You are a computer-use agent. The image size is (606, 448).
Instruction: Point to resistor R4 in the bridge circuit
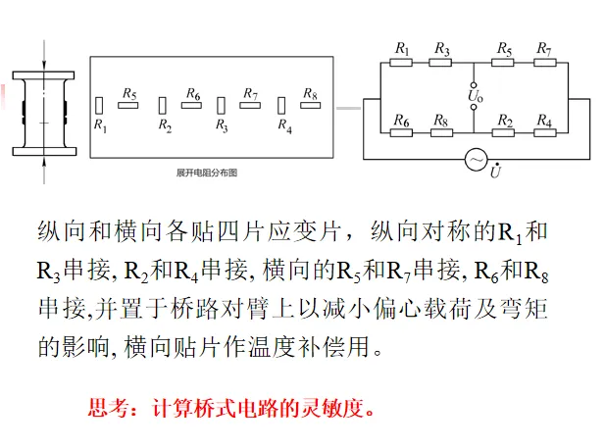544,133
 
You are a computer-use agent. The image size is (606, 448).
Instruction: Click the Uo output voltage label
475,98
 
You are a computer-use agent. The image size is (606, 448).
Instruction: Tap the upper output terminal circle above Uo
475,82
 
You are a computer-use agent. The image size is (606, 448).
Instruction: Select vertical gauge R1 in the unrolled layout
100,105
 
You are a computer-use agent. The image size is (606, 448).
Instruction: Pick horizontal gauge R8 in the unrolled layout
311,104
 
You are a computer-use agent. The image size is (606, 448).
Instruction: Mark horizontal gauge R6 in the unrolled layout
191,104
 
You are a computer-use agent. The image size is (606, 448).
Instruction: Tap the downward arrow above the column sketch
43,46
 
